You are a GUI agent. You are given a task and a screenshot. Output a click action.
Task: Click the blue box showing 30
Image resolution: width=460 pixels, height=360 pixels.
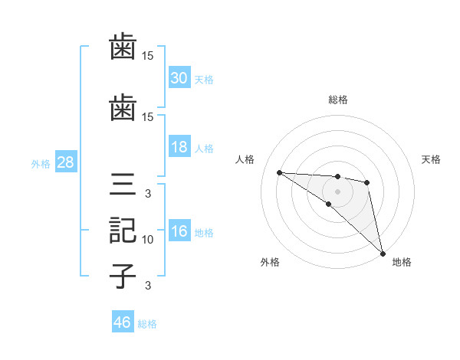pos(179,78)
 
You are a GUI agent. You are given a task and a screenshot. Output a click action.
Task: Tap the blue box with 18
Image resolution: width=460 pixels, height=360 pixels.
pos(179,147)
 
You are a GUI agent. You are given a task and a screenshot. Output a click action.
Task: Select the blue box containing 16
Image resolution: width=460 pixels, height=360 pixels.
pos(179,232)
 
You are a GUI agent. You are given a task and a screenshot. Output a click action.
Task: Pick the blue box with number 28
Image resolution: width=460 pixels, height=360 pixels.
pos(65,162)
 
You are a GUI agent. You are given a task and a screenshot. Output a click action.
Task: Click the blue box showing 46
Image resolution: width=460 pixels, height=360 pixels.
pos(123,322)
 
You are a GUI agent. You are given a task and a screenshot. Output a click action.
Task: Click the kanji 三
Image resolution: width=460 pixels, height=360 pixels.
pos(123,186)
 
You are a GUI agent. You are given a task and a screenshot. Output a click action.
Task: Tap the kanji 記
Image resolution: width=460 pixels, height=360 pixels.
pos(123,231)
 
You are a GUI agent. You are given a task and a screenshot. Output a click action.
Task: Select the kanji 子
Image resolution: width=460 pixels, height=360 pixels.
pos(123,275)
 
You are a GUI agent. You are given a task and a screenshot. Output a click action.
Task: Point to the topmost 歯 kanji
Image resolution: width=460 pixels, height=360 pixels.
pos(123,47)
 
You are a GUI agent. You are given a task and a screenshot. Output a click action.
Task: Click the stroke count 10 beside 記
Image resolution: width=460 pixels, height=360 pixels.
pos(148,240)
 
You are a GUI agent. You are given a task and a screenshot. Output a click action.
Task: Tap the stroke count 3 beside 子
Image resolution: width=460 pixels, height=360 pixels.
pos(148,286)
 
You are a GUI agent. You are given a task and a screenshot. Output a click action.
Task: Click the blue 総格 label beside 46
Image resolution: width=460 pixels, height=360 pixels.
pos(147,324)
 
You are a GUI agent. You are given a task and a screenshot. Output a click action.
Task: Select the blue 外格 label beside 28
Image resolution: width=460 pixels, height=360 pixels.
pos(41,163)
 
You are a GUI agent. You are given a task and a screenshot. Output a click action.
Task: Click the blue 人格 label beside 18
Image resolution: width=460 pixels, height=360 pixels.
pos(204,148)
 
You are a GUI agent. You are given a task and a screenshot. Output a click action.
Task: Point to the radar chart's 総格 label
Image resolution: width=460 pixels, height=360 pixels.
pos(337,100)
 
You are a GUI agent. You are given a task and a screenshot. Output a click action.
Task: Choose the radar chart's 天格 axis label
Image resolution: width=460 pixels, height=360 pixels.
pos(432,159)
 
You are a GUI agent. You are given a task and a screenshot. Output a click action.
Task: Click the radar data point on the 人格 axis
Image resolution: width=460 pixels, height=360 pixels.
pos(279,172)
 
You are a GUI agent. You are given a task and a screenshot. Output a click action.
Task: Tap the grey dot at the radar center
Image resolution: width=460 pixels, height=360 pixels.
pos(337,191)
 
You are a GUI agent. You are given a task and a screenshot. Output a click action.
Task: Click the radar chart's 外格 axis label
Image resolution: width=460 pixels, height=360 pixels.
pos(270,262)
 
